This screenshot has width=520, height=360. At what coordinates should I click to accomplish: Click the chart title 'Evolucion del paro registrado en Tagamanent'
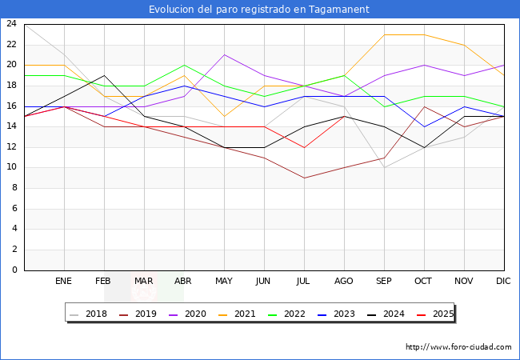(260, 10)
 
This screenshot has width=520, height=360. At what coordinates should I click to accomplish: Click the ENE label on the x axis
(64, 282)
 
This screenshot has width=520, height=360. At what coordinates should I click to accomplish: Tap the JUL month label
(304, 282)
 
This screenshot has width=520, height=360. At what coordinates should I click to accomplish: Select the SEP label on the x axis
(384, 282)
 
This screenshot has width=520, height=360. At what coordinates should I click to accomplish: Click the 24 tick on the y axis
(11, 24)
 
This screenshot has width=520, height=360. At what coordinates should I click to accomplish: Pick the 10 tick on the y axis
(11, 168)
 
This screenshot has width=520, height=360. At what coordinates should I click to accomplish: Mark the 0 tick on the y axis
(14, 270)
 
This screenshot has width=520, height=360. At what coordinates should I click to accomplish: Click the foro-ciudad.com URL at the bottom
(458, 347)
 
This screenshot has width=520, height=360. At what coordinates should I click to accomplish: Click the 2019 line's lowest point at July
(304, 178)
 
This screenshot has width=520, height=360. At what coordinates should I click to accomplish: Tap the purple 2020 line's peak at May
(224, 54)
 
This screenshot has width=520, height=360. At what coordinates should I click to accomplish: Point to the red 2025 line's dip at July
(304, 147)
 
